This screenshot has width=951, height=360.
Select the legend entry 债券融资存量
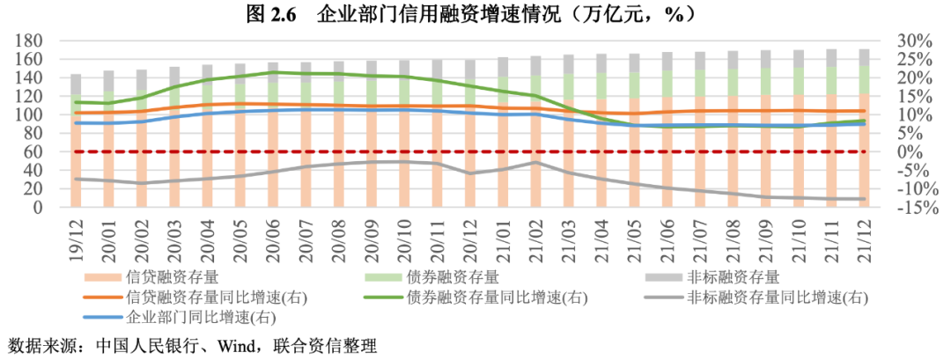pos(449,277)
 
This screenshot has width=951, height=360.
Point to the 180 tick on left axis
pos(44,40)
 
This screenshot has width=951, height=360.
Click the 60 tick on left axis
pos(48,152)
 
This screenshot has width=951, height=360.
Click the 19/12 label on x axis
pos(77,235)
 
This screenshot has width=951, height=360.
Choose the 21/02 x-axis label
pos(536,235)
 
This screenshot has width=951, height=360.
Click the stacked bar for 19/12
pos(77,141)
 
